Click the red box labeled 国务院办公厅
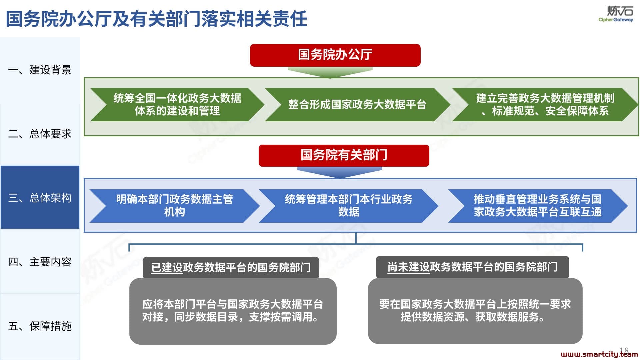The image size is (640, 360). click(x=335, y=55)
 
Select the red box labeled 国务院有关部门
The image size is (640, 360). click(x=344, y=155)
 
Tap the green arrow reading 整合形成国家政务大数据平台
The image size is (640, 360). click(x=357, y=105)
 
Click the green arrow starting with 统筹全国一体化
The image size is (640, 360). click(x=177, y=105)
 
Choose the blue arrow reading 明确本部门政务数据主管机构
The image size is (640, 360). click(x=174, y=206)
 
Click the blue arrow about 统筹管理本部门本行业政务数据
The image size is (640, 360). click(x=348, y=206)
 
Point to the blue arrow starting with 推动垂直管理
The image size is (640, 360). click(x=538, y=206)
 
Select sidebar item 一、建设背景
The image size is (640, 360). click(x=40, y=70)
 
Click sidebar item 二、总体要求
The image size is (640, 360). click(x=40, y=134)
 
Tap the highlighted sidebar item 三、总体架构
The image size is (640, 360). click(x=40, y=197)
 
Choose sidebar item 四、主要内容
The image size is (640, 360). click(x=40, y=262)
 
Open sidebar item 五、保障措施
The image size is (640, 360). click(x=40, y=326)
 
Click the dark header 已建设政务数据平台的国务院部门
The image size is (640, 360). click(x=231, y=267)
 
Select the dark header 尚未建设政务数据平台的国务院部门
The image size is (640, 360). click(x=472, y=267)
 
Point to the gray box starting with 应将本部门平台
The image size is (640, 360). click(x=233, y=311)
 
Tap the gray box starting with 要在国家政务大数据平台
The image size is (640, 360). click(x=475, y=311)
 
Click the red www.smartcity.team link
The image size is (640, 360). click(x=599, y=354)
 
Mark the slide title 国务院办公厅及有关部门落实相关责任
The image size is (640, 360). click(x=157, y=18)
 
